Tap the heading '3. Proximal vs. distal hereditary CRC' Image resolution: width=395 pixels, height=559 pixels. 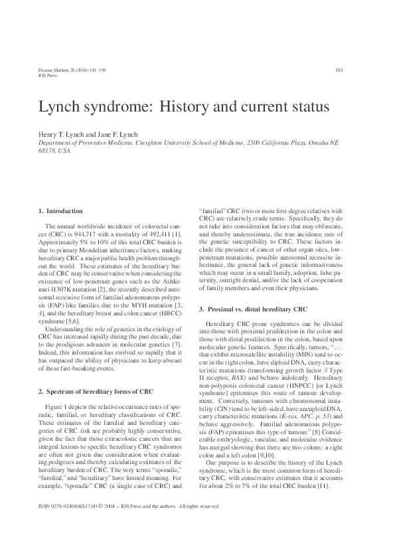click(253, 309)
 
